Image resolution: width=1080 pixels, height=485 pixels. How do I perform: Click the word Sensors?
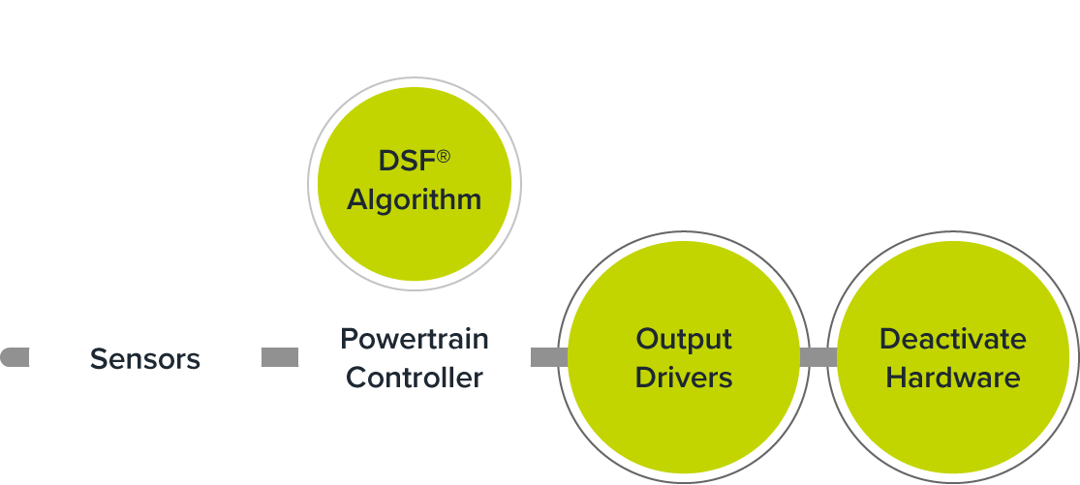click(x=145, y=359)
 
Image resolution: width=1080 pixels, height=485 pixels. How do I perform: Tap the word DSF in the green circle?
click(x=406, y=162)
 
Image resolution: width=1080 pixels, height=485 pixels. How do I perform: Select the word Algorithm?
click(x=415, y=199)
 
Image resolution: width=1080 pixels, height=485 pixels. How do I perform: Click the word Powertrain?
click(x=415, y=340)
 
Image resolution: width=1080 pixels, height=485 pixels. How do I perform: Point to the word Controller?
click(x=415, y=377)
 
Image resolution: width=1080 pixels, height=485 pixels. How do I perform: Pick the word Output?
click(x=684, y=340)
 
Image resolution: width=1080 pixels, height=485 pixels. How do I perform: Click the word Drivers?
click(x=684, y=377)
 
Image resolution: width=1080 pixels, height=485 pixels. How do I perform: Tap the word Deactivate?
click(x=953, y=340)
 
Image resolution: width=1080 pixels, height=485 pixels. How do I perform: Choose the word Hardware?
click(x=953, y=377)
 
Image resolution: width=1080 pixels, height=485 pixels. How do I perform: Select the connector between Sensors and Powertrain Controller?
click(x=280, y=357)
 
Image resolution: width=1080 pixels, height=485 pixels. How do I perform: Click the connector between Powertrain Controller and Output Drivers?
click(x=547, y=357)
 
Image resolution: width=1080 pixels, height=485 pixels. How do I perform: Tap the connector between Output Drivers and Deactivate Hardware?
click(x=818, y=357)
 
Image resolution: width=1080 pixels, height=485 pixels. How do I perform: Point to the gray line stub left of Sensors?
click(x=15, y=357)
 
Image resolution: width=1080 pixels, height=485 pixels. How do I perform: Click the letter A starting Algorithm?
click(x=357, y=199)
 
